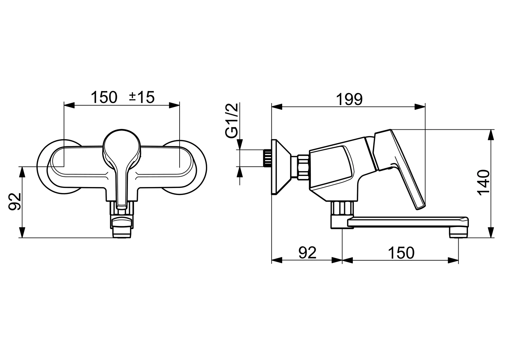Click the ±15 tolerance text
[142, 97]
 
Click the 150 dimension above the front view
[104, 97]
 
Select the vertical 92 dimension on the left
[15, 201]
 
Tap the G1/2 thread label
[232, 120]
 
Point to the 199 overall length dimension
[349, 99]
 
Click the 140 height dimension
[483, 183]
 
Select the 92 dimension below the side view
[307, 253]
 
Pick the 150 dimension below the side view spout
[401, 253]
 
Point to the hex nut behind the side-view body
[303, 167]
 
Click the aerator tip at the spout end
[458, 232]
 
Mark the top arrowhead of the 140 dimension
[490, 135]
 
